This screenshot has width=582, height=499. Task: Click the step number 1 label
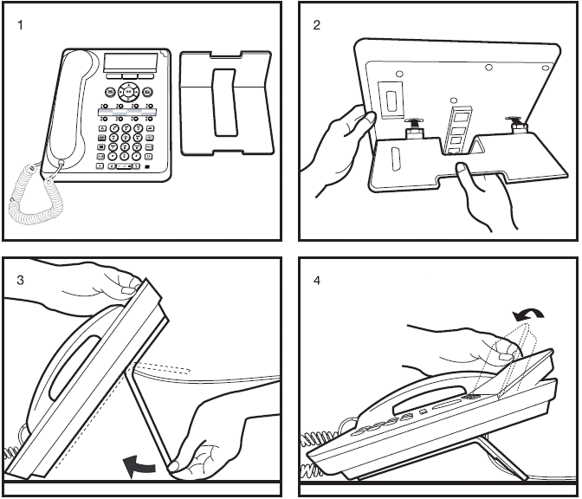pos(20,25)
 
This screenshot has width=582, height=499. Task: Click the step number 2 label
pos(317,25)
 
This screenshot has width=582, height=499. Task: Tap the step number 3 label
pos(20,280)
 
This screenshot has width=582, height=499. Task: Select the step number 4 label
pos(317,281)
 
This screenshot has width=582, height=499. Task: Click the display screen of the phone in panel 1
pos(131,62)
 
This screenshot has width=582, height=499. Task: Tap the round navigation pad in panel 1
pos(128,91)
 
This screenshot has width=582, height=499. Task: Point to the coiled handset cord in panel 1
pos(36,195)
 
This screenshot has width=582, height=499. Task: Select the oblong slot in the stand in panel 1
pos(224,101)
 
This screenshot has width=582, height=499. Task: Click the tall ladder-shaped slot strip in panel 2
pos(456,129)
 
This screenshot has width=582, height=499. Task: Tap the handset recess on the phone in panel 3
pos(74,367)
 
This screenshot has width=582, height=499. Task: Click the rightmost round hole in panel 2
pos(546,68)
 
